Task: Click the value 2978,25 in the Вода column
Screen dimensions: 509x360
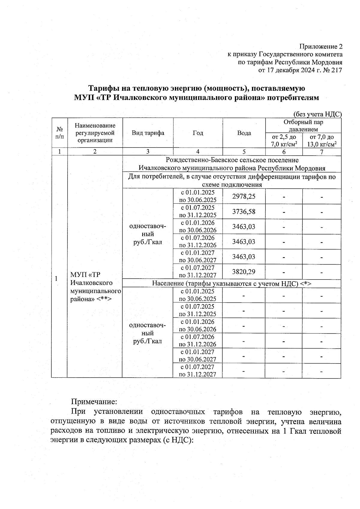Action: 244,196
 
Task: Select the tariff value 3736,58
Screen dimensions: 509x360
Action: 244,211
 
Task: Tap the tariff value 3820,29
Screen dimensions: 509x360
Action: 244,272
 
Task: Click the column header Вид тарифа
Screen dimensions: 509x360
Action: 148,133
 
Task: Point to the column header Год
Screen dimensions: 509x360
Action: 198,133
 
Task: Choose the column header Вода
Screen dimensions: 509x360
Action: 244,133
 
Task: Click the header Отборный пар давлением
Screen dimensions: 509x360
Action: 303,126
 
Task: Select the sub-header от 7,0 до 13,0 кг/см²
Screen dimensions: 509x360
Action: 322,140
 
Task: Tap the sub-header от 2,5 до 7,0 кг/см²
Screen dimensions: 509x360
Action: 284,140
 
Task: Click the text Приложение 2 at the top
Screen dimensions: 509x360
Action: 321,46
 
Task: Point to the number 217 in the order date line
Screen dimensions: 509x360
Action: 337,70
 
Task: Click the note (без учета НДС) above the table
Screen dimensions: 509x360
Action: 317,114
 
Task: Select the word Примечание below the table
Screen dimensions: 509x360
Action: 93,401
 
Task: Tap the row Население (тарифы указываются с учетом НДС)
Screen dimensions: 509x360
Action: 232,283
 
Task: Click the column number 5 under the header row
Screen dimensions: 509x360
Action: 244,151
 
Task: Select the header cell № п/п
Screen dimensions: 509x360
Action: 59,133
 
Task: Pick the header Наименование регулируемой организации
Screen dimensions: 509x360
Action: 95,133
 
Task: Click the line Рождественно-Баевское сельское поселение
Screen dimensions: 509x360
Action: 232,160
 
